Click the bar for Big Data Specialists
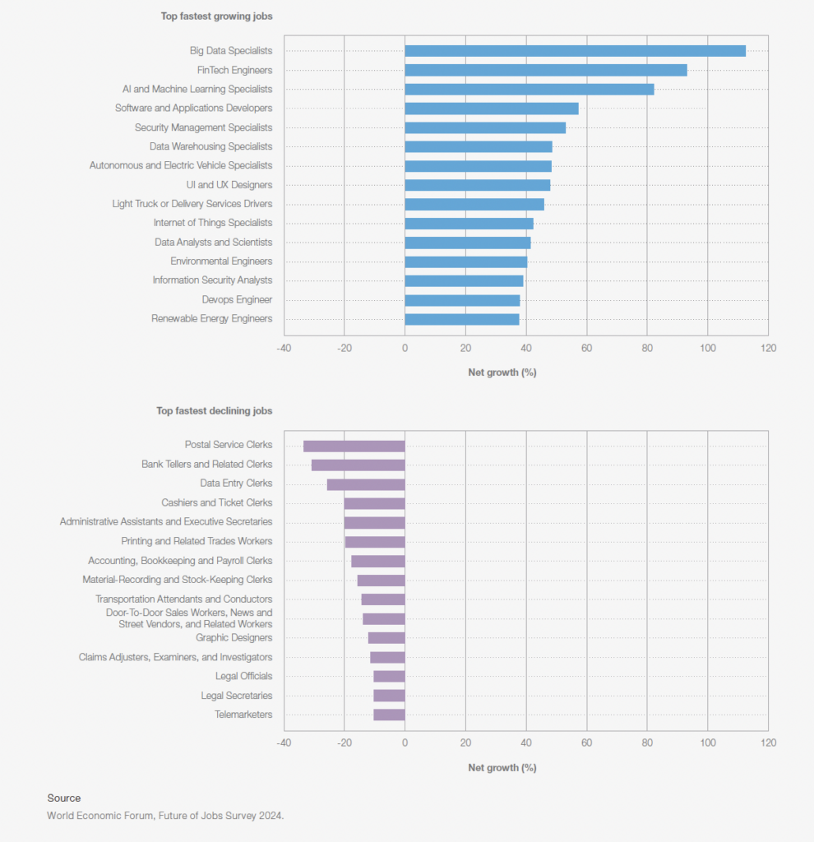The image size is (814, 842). pyautogui.click(x=575, y=51)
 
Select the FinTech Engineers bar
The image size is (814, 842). pyautogui.click(x=545, y=70)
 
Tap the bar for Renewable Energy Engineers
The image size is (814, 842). pyautogui.click(x=461, y=319)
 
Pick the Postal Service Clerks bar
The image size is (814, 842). pyautogui.click(x=354, y=446)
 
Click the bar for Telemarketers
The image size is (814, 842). pyautogui.click(x=389, y=715)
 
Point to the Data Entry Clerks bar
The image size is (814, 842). pyautogui.click(x=365, y=484)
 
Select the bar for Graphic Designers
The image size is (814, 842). pyautogui.click(x=386, y=638)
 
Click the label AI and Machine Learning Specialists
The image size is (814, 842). pyautogui.click(x=197, y=89)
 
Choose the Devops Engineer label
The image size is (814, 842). pyautogui.click(x=237, y=300)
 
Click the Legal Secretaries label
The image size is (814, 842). pyautogui.click(x=237, y=696)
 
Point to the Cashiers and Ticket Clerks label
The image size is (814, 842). pyautogui.click(x=216, y=502)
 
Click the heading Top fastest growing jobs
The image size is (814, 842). pyautogui.click(x=215, y=16)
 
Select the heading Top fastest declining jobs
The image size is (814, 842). pyautogui.click(x=215, y=410)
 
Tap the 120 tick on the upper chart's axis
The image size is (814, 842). pyautogui.click(x=768, y=348)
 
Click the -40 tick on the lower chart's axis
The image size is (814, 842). pyautogui.click(x=284, y=743)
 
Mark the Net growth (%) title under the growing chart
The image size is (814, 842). pyautogui.click(x=502, y=372)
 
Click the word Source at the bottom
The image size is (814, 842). pyautogui.click(x=64, y=798)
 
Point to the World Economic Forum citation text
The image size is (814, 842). pyautogui.click(x=165, y=816)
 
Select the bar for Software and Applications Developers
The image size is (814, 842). pyautogui.click(x=491, y=109)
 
